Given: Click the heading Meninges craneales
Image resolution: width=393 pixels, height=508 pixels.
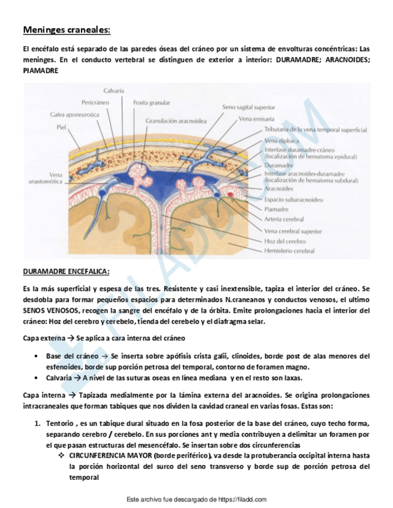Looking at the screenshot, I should [67, 29].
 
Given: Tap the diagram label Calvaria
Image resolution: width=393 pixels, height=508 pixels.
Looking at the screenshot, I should [113, 90].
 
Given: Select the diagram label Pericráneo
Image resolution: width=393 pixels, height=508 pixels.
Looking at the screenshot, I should [94, 102].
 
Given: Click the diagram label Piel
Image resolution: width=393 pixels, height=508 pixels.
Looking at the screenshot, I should [61, 127].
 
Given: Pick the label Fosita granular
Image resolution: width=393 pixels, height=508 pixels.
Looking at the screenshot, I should [151, 102].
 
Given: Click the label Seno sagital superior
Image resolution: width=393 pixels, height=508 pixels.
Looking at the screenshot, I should [249, 107].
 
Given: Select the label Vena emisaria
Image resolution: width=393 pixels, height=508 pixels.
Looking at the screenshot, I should [257, 119].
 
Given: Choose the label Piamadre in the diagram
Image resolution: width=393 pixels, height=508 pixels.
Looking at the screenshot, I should [277, 209].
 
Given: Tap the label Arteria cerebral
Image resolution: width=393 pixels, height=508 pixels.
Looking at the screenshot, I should [284, 219].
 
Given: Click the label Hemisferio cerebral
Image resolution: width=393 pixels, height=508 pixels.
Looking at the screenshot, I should [289, 251].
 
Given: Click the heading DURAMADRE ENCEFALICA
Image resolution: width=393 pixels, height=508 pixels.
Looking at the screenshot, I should [66, 271].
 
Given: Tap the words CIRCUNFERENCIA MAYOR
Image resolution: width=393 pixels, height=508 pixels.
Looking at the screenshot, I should [110, 455].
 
